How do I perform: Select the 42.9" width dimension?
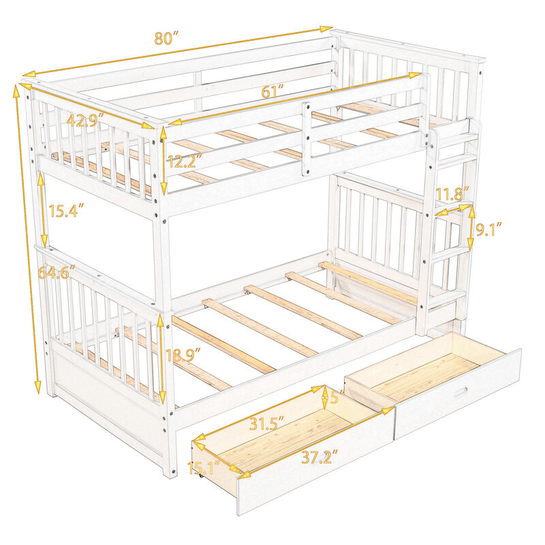coord(85,119)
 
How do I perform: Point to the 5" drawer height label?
coord(333,396)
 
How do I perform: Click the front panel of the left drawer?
coord(313,477)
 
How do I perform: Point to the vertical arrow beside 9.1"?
coord(470,230)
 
